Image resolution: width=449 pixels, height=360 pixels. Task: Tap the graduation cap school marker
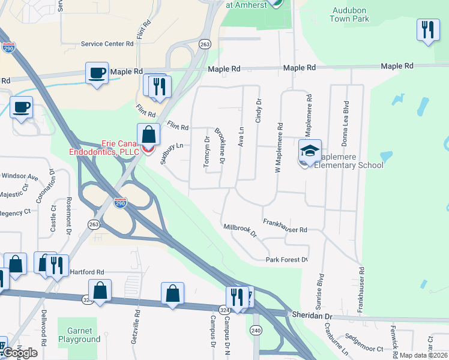[310, 152]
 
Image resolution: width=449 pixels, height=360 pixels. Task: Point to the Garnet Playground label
[79, 335]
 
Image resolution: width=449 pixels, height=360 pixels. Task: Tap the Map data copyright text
[424, 355]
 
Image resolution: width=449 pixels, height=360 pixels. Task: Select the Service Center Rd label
[107, 44]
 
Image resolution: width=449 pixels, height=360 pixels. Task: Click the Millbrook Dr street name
[240, 230]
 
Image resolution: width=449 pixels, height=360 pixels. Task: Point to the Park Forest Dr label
[287, 260]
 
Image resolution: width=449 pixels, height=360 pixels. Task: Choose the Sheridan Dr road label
[312, 316]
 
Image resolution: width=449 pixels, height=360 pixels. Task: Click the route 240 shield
[256, 330]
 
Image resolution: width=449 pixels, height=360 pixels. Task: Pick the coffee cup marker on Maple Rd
[97, 73]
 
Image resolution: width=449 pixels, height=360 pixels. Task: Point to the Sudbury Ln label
[171, 153]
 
